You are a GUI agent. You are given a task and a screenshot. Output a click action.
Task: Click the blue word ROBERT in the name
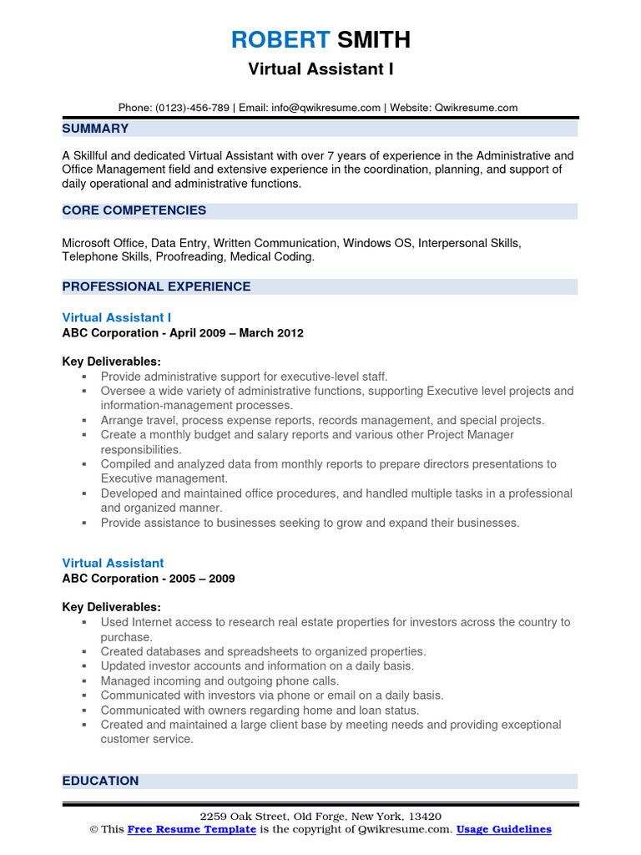point(280,39)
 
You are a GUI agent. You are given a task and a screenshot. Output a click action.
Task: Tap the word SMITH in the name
point(373,39)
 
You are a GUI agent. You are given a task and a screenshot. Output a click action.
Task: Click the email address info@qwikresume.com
point(326,108)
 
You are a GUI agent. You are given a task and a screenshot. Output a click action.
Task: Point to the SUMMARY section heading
point(95,129)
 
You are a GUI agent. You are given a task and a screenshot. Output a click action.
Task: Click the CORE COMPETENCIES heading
point(134,210)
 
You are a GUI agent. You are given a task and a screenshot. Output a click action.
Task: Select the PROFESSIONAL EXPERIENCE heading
point(156,286)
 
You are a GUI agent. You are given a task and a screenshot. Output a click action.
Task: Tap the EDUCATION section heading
point(100,781)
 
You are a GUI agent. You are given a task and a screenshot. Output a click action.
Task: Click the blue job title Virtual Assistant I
point(117,317)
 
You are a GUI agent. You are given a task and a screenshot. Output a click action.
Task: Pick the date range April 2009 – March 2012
point(236,333)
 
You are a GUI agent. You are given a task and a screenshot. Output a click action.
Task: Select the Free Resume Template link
point(191,829)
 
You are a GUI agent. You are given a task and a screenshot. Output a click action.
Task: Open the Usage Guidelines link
point(504,829)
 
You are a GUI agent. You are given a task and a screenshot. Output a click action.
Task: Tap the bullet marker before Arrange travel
point(84,421)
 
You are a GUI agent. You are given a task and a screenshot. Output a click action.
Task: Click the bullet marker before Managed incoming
point(84,681)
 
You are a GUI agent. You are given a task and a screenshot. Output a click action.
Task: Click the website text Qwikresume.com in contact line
point(476,108)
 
